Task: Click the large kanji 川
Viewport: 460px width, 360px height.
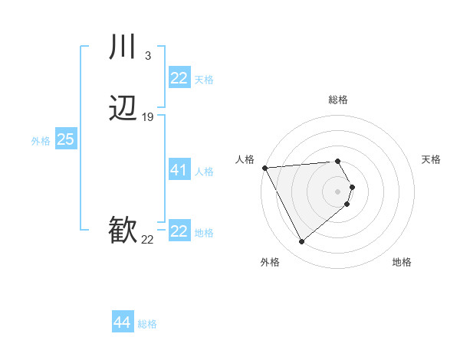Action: click(x=123, y=47)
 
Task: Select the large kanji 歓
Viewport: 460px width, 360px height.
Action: click(x=123, y=230)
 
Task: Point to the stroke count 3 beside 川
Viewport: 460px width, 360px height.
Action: click(x=147, y=55)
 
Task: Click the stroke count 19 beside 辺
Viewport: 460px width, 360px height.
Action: click(x=148, y=117)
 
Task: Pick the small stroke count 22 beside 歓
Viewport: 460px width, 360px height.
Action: click(x=147, y=240)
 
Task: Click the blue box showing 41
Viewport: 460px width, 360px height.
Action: click(x=179, y=170)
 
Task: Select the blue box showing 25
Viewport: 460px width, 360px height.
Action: click(x=65, y=139)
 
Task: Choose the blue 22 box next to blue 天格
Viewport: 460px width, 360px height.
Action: click(x=179, y=78)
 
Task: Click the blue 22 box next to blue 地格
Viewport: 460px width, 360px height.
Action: click(x=179, y=231)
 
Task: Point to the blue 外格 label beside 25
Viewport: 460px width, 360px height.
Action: click(x=41, y=141)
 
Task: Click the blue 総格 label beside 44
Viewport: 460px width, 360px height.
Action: click(x=147, y=324)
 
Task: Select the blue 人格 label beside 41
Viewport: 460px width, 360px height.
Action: click(x=204, y=172)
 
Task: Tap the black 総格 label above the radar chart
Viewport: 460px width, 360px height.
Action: click(x=338, y=100)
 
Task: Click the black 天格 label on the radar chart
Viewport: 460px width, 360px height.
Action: click(x=431, y=159)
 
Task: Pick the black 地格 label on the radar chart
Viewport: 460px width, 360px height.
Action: click(x=402, y=262)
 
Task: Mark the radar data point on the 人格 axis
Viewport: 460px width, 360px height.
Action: click(x=264, y=167)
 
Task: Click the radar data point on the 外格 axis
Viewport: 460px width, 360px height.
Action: click(x=301, y=242)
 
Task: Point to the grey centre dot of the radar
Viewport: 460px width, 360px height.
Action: click(x=338, y=191)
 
